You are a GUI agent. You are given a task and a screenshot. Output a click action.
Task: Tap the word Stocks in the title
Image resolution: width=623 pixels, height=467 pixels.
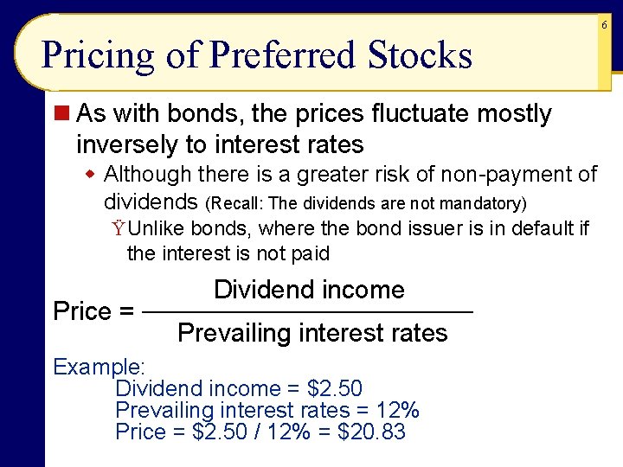point(419,56)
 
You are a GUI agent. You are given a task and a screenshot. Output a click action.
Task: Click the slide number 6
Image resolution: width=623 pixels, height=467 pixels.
point(604,27)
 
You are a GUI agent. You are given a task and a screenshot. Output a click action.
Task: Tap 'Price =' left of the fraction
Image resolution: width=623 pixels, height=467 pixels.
point(93,311)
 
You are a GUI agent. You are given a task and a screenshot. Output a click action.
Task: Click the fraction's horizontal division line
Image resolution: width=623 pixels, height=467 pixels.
point(307,311)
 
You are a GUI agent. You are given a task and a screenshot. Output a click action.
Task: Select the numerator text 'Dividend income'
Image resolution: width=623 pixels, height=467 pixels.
point(309,290)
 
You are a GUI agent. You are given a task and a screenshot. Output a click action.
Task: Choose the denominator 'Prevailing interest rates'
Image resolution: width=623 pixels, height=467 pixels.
point(312,333)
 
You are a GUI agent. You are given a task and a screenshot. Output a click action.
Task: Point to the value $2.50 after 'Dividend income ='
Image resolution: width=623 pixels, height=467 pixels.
point(335,389)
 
